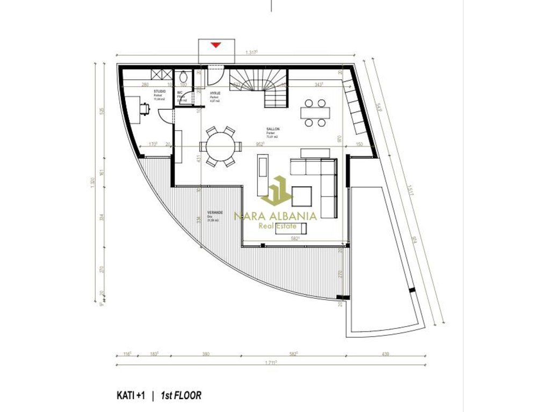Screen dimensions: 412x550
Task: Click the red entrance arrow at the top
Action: click(x=215, y=45)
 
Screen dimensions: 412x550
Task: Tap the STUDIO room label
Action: click(x=160, y=92)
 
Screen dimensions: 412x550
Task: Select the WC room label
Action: click(x=180, y=92)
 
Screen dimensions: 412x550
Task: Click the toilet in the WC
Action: click(x=183, y=76)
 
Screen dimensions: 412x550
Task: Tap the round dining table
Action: click(x=220, y=146)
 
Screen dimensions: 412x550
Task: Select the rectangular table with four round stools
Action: click(x=315, y=113)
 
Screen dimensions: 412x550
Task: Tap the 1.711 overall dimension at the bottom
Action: click(x=270, y=363)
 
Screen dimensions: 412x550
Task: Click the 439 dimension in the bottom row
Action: click(x=386, y=355)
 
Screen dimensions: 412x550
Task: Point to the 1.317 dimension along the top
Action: click(x=251, y=52)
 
